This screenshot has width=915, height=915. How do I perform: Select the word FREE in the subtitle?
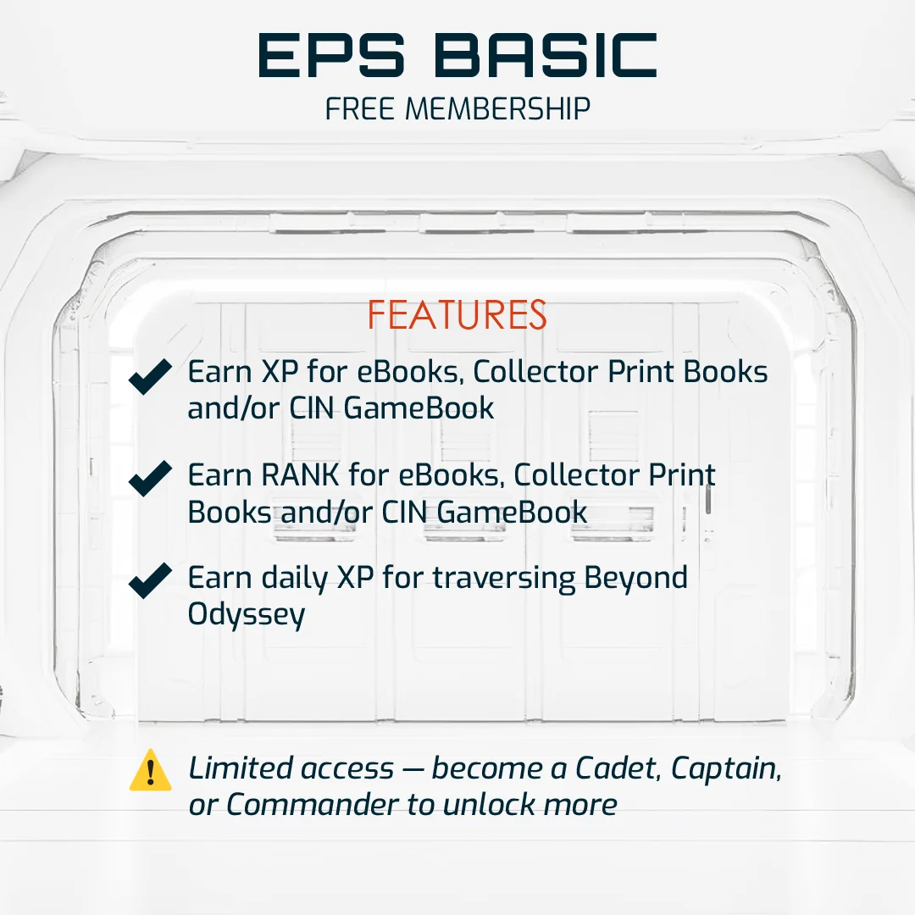tap(360, 108)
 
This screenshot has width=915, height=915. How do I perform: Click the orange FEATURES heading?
tap(457, 316)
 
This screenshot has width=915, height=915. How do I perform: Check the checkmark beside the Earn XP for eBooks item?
tap(151, 377)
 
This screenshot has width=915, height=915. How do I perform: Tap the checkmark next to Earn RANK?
tap(151, 480)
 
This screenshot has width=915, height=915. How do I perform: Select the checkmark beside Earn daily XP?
tap(151, 582)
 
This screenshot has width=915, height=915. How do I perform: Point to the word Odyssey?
tap(246, 614)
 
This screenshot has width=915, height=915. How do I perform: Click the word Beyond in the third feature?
tap(635, 578)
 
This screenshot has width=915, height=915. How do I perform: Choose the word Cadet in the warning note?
tap(618, 768)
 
